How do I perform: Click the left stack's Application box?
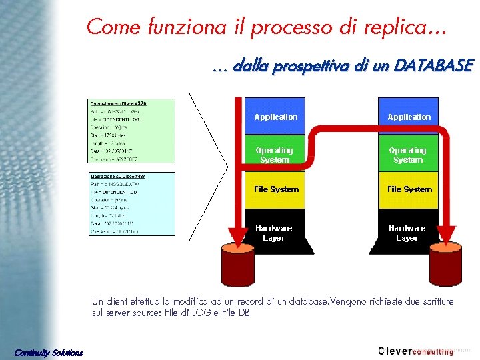pos(276,117)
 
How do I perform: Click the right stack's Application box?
pos(409,117)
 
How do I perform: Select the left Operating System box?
pos(275,155)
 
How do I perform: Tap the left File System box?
pos(276,189)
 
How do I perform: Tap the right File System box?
pos(409,189)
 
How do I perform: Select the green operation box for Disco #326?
pos(131,131)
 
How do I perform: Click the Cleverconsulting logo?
pos(415,351)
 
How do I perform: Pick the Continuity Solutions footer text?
pos(49,352)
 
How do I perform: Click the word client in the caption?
pos(117,301)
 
